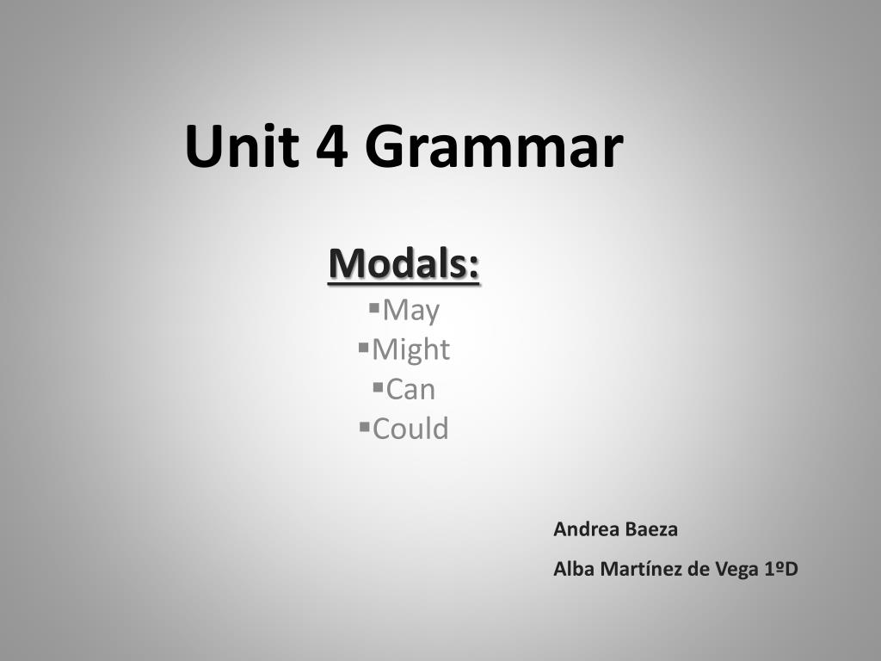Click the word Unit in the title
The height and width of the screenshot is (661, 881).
[242, 146]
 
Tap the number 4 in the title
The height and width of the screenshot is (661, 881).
[332, 146]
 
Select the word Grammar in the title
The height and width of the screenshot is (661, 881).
[495, 146]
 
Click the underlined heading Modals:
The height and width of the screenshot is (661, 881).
[404, 263]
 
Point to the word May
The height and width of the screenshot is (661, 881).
[411, 311]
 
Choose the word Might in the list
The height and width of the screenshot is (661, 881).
[410, 350]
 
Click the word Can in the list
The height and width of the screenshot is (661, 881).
[410, 390]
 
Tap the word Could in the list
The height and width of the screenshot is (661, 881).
[410, 429]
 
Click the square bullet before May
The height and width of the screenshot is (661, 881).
[375, 307]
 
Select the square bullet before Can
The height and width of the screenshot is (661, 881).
[379, 386]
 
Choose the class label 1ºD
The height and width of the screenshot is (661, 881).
[781, 569]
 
